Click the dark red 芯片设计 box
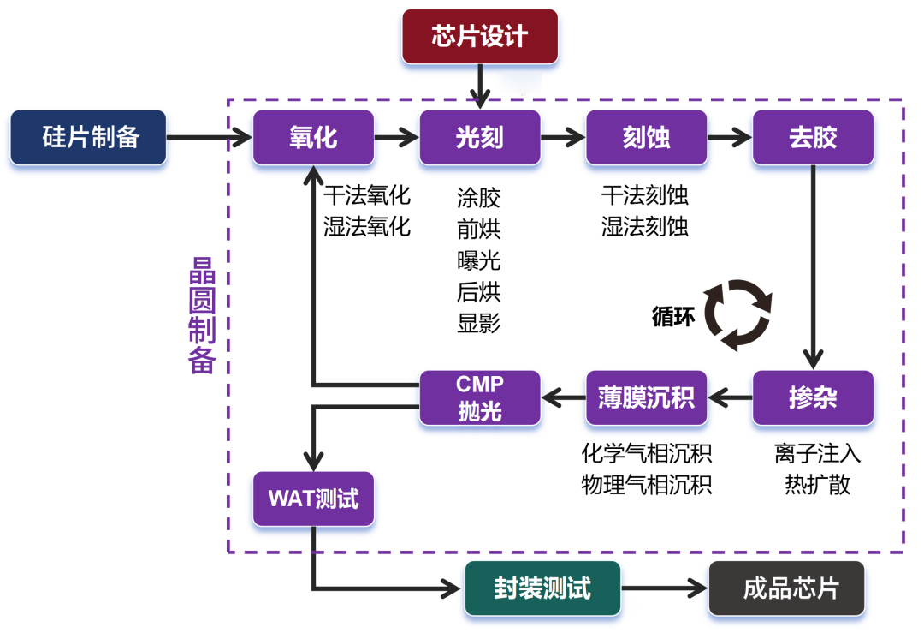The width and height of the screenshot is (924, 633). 480,37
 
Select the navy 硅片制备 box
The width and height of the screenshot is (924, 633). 88,137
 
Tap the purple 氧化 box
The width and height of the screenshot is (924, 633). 313,137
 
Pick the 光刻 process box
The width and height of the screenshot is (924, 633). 480,137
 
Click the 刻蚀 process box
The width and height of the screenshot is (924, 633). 647,137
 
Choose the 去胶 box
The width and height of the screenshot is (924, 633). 813,137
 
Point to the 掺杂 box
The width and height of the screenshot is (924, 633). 813,397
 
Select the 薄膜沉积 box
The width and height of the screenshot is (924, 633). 647,397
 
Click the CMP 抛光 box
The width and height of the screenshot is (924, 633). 480,397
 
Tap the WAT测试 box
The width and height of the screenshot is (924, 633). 313,499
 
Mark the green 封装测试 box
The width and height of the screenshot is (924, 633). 542,588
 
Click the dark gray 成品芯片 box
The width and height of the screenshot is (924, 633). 786,588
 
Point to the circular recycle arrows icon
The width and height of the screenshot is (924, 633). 737,315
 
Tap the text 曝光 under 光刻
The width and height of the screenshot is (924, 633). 479,260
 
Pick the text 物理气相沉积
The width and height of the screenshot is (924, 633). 647,485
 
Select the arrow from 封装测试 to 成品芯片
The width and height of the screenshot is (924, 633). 664,588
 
